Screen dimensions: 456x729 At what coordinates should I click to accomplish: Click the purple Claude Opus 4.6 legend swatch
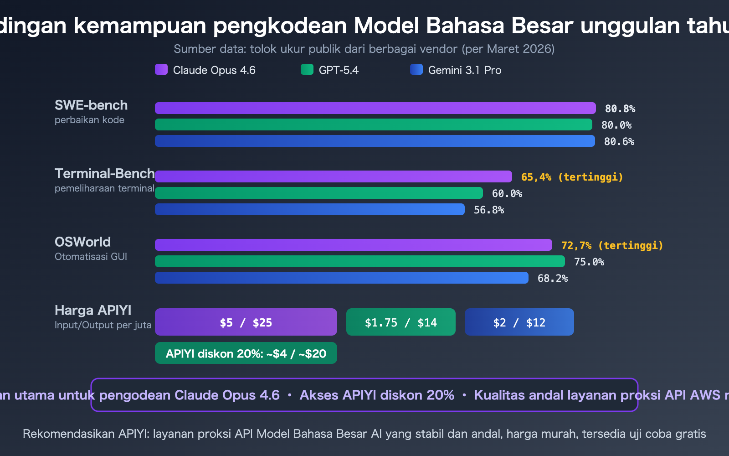[161, 69]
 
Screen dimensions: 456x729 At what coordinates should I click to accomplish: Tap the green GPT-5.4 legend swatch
[307, 69]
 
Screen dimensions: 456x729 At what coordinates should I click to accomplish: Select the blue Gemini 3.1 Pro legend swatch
[416, 69]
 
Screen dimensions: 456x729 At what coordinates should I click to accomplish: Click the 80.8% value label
[620, 109]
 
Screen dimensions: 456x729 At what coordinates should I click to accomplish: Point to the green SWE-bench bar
[374, 124]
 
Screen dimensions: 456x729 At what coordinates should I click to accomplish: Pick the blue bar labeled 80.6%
[375, 141]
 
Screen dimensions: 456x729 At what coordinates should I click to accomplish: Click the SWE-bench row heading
[91, 105]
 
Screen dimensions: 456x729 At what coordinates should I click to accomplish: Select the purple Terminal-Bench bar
[334, 176]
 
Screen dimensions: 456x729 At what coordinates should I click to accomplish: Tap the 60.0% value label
[507, 193]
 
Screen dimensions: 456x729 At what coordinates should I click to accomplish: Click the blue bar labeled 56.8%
[310, 209]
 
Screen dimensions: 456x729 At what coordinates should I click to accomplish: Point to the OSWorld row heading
[82, 242]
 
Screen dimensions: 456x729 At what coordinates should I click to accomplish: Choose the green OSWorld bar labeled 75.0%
[360, 261]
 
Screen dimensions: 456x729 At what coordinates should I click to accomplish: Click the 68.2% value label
[552, 278]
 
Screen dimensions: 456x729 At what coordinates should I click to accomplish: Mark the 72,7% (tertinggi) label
[612, 245]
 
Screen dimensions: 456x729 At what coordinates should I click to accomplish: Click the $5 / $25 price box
[246, 322]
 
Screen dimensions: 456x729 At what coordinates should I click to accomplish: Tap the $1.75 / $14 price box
[401, 322]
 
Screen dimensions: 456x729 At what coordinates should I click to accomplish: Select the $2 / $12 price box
[519, 322]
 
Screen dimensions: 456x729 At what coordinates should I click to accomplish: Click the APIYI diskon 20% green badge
[246, 353]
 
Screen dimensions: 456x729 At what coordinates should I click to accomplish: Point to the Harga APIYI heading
[93, 311]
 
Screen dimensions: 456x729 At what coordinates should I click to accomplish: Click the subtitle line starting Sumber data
[364, 49]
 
